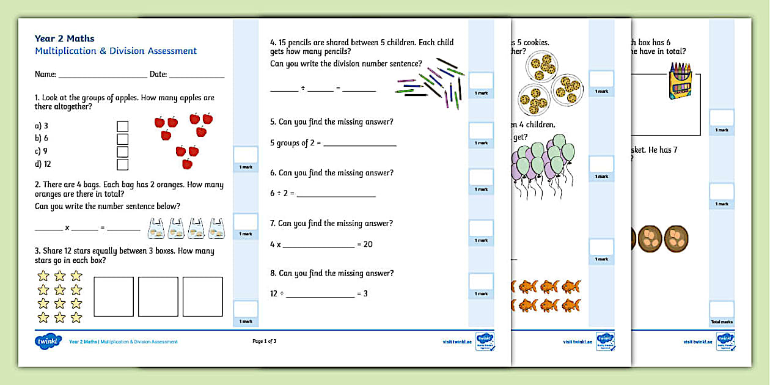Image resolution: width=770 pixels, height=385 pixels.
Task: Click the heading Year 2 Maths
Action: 64,38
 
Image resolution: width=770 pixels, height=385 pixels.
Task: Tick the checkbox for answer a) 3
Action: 123,126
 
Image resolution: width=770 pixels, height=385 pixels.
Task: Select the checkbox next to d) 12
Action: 123,164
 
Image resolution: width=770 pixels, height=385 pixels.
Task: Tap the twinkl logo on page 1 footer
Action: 48,341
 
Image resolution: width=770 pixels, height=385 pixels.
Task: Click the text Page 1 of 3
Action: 265,341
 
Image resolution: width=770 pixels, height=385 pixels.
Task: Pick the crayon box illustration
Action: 680,81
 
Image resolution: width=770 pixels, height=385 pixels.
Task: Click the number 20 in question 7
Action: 368,244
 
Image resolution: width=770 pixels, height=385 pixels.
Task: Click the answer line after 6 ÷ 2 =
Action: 336,194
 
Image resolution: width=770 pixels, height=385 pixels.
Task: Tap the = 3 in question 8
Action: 362,294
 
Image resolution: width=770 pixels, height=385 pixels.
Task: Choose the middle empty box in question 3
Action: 158,296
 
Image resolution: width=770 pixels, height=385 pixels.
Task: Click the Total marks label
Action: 722,321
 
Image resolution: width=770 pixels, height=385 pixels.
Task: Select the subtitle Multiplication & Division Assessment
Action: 116,51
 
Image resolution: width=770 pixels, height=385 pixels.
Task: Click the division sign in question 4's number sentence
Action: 303,89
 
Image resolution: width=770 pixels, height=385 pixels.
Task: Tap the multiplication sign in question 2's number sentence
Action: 67,228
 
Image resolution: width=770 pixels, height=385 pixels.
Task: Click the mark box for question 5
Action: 481,131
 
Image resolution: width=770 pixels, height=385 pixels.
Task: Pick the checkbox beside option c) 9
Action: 123,152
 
